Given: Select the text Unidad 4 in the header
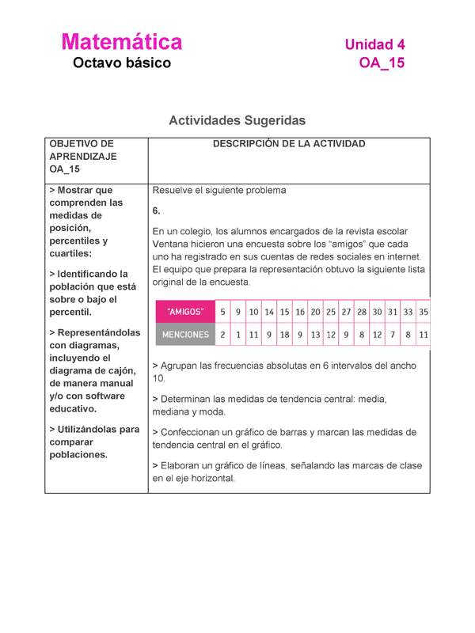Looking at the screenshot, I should point(374,45).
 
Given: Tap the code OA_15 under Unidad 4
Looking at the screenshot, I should point(381,63).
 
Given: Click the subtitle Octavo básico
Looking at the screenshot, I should point(121,63).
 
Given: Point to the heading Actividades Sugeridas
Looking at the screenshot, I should point(237,120).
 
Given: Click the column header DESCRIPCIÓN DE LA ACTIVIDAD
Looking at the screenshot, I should point(288,144).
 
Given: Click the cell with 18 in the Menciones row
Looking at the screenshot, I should point(284,335).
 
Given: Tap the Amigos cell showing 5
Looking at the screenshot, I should point(222,312).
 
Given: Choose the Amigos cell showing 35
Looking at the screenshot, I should point(424,312).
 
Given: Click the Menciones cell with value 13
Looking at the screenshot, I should point(315,335).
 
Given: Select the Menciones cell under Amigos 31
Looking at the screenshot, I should point(393,335).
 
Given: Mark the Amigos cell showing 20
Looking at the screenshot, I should point(315,312).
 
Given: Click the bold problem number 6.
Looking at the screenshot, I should point(157,211).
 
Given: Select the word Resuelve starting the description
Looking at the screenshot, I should point(175,191).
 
